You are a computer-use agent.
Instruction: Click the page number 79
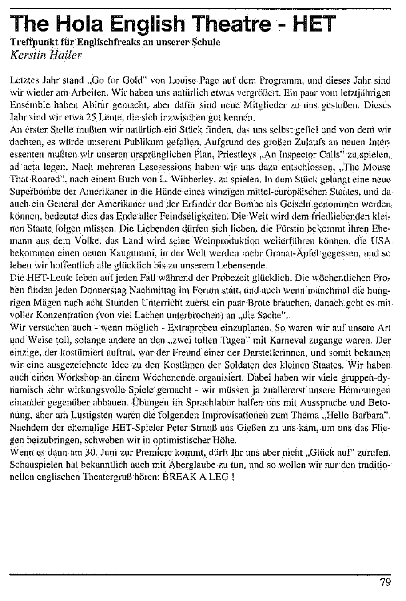click(385, 583)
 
